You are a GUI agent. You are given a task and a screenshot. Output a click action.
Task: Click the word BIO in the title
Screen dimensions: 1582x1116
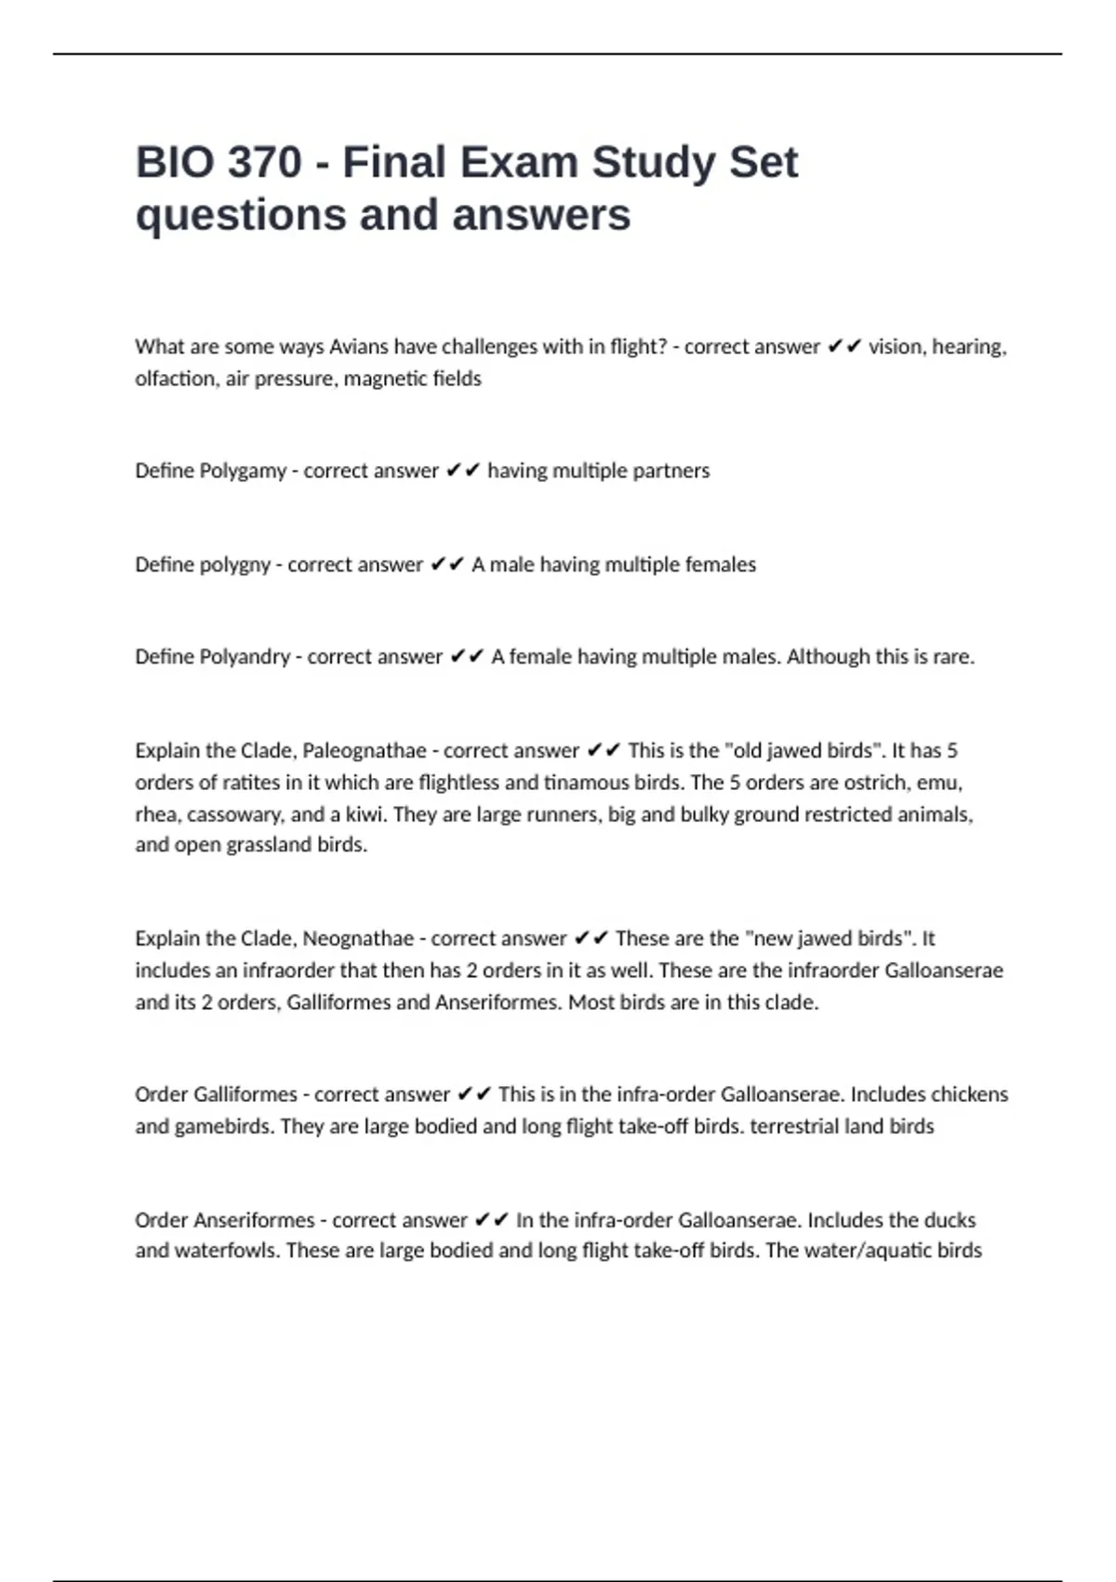(171, 163)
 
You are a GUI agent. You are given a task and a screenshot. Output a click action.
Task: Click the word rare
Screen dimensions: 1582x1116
(952, 657)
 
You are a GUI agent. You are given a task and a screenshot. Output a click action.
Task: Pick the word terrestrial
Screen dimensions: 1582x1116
(794, 1126)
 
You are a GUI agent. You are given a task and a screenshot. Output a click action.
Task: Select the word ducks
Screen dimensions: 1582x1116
(950, 1220)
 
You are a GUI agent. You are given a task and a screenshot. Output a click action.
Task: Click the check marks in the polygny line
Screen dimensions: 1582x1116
(447, 565)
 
